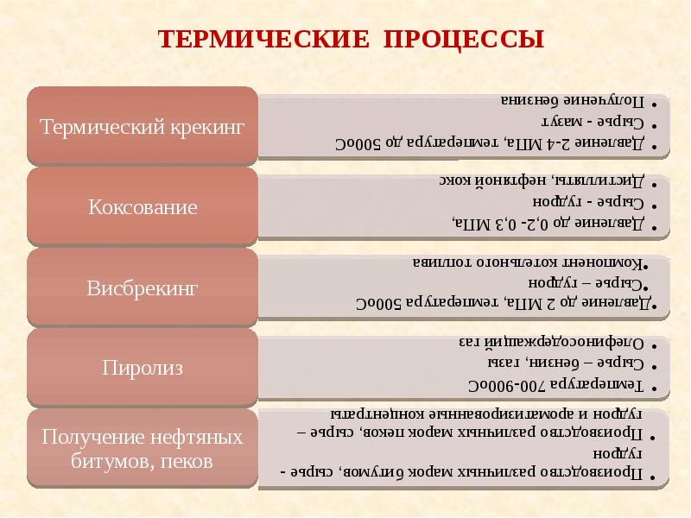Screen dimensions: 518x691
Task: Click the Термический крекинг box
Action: click(143, 126)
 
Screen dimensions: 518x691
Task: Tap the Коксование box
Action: click(143, 207)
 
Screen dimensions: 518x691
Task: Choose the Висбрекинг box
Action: click(143, 287)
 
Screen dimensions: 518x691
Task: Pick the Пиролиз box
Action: click(143, 369)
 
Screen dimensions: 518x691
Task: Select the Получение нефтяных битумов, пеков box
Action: click(143, 450)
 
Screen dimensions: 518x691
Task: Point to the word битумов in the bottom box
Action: click(108, 461)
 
